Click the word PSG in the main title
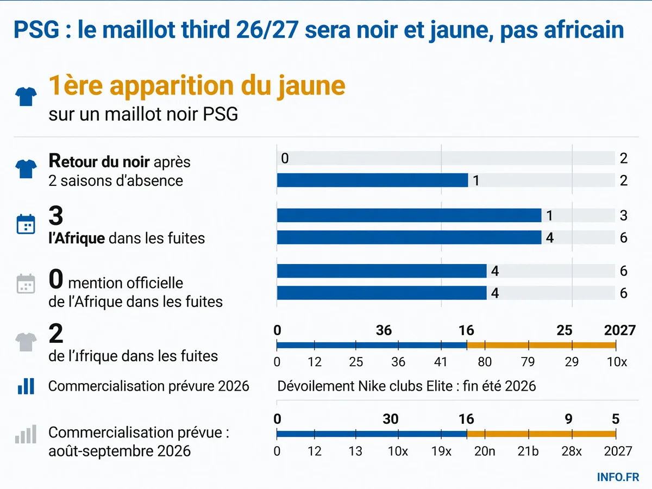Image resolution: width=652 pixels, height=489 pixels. (x=36, y=30)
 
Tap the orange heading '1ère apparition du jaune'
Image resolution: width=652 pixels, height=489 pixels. (x=197, y=86)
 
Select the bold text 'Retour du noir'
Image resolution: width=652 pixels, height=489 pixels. (x=99, y=161)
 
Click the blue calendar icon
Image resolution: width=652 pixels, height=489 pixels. (x=26, y=224)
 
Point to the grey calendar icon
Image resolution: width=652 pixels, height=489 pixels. (x=26, y=284)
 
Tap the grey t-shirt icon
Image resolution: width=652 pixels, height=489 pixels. (x=26, y=342)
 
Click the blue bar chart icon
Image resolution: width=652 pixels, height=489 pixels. (x=26, y=386)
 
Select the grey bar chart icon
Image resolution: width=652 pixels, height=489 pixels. (x=26, y=434)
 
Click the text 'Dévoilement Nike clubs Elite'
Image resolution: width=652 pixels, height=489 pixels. (x=365, y=386)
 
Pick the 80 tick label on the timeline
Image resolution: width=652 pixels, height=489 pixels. (x=485, y=362)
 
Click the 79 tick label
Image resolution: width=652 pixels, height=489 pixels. (x=528, y=362)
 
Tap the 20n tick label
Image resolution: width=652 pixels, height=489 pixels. (x=485, y=452)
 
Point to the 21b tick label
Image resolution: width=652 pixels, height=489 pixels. (x=528, y=452)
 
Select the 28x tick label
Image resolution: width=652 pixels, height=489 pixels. (x=572, y=452)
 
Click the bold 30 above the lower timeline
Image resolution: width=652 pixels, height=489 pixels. (x=390, y=419)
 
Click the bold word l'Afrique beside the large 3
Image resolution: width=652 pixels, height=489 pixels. (x=77, y=238)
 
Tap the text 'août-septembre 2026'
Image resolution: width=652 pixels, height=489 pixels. (x=120, y=451)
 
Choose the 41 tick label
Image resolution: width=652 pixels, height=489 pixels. (x=440, y=362)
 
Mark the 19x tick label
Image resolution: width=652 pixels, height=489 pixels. (x=441, y=452)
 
